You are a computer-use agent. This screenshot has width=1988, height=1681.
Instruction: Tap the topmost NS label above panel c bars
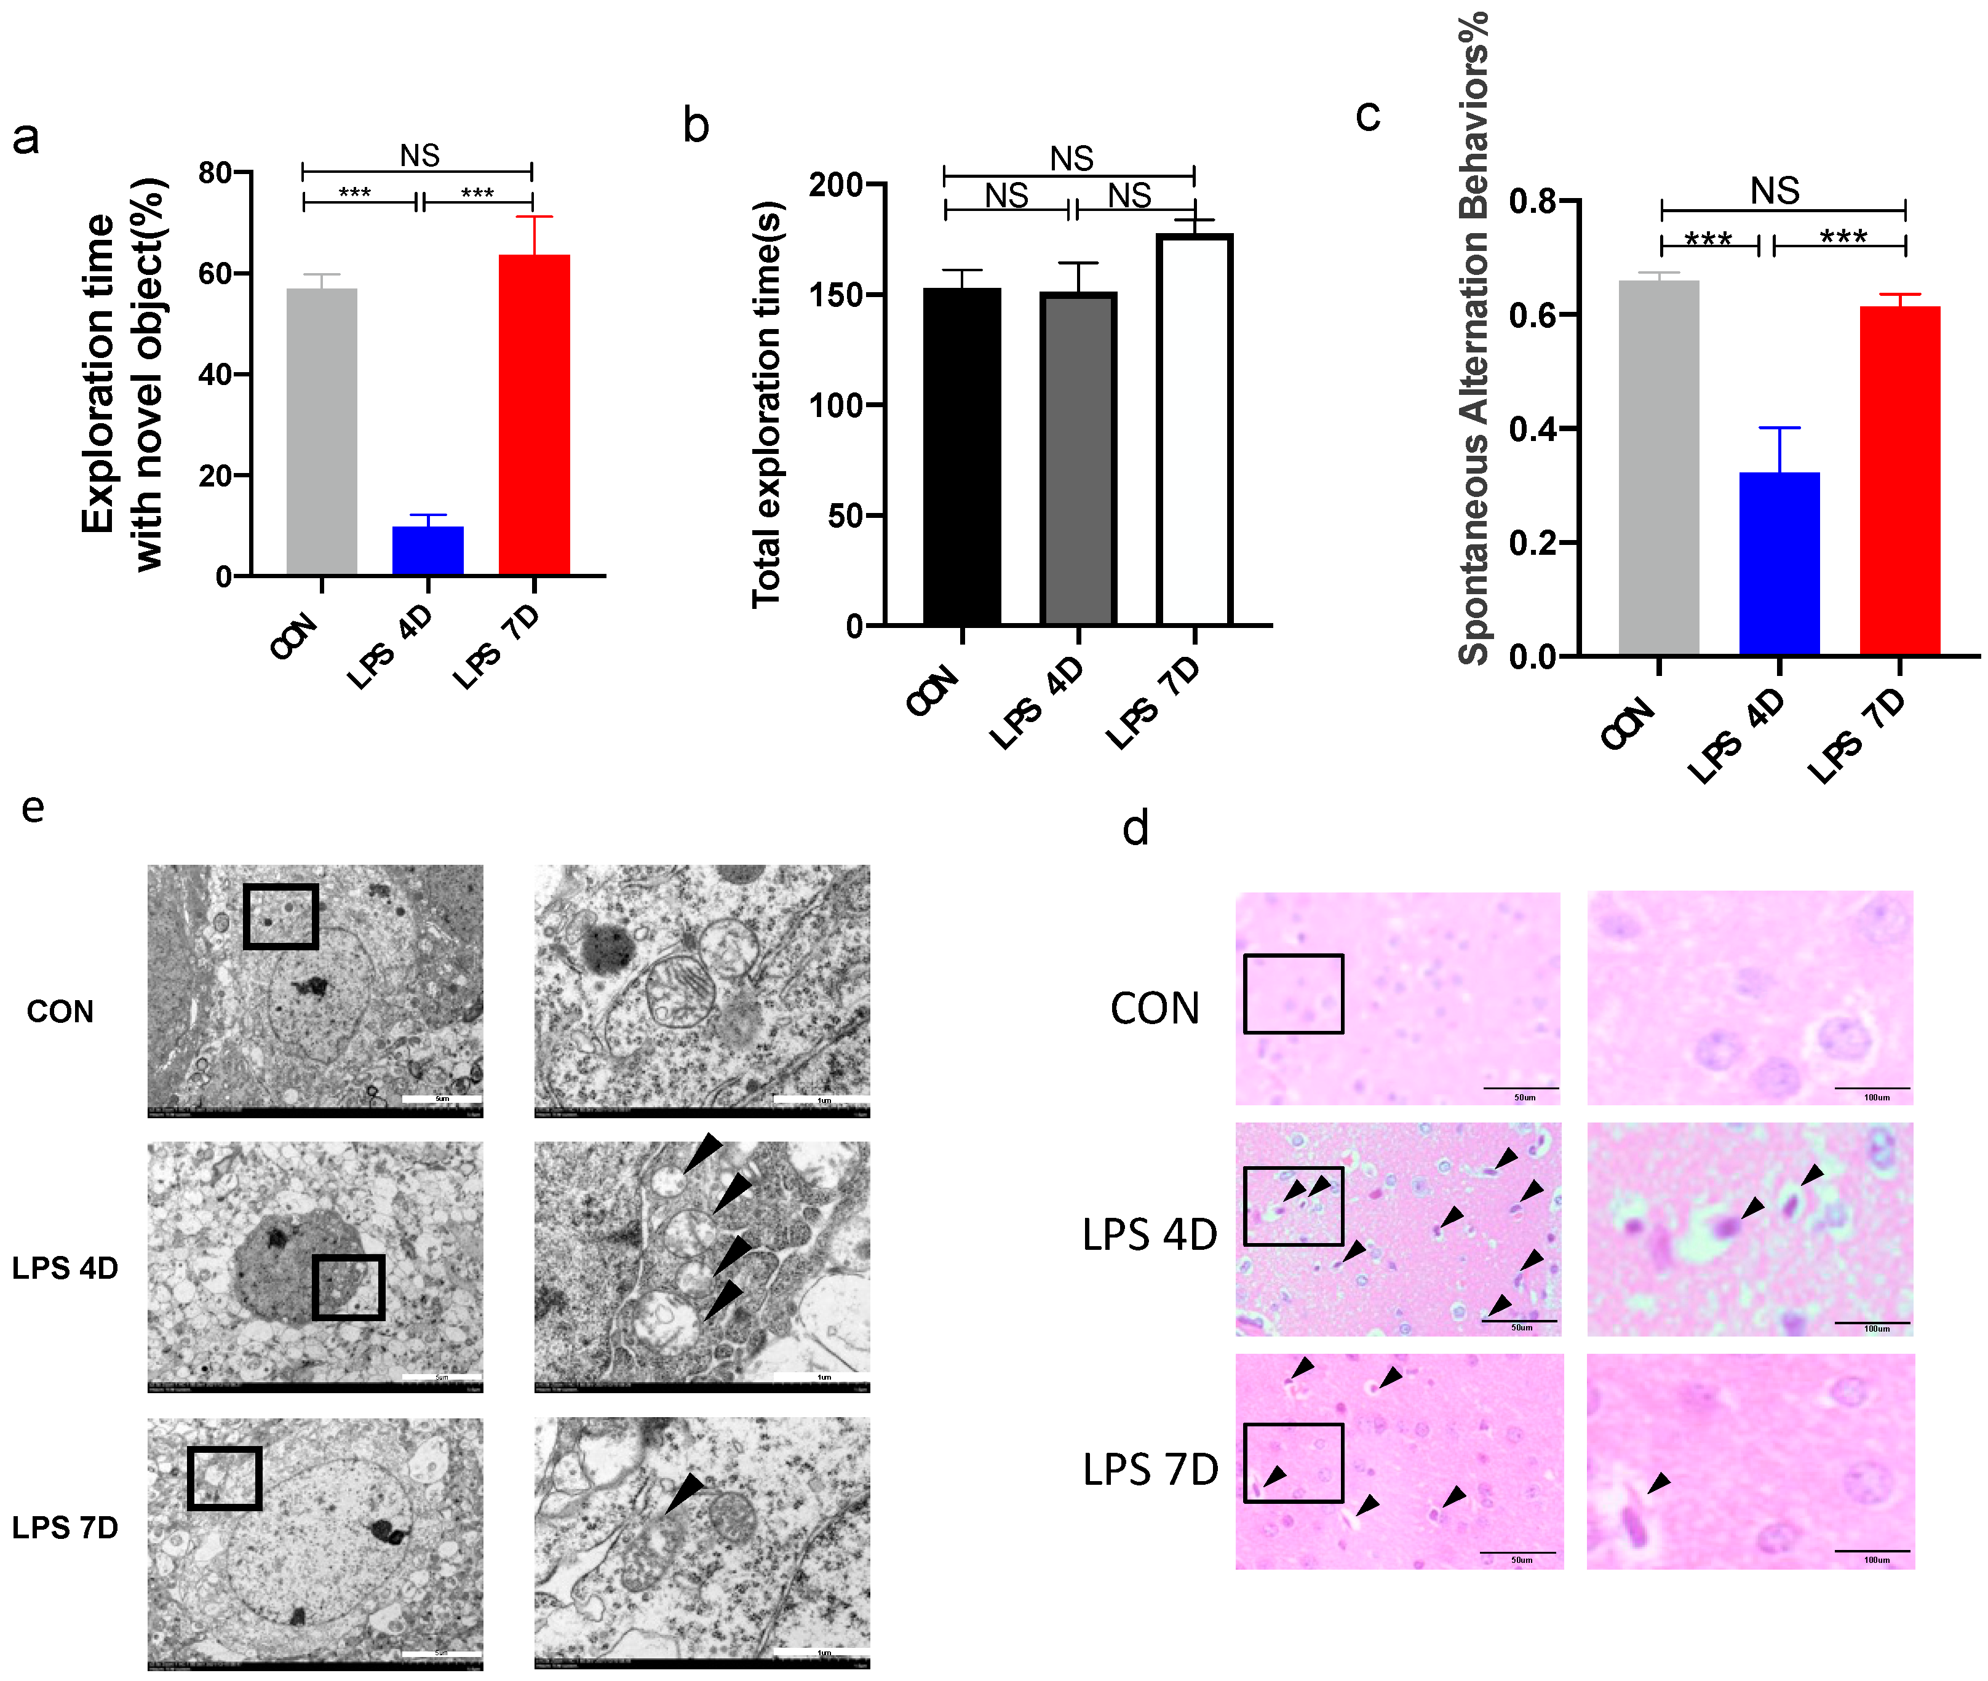[x=1775, y=191]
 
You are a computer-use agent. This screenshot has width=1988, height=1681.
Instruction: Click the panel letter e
[x=33, y=807]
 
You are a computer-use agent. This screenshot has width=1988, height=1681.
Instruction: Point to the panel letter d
[x=1135, y=827]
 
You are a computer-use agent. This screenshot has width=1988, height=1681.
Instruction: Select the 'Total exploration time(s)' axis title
[x=766, y=404]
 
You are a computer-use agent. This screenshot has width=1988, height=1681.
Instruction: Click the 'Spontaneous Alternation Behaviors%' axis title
[x=1473, y=338]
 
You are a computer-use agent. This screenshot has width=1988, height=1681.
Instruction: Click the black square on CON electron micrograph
[x=280, y=916]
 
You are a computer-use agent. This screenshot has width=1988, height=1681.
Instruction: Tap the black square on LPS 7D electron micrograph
[x=224, y=1478]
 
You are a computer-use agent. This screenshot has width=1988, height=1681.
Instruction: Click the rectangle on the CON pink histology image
[x=1294, y=994]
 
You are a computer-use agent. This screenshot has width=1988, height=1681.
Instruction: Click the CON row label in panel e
[x=60, y=1011]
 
